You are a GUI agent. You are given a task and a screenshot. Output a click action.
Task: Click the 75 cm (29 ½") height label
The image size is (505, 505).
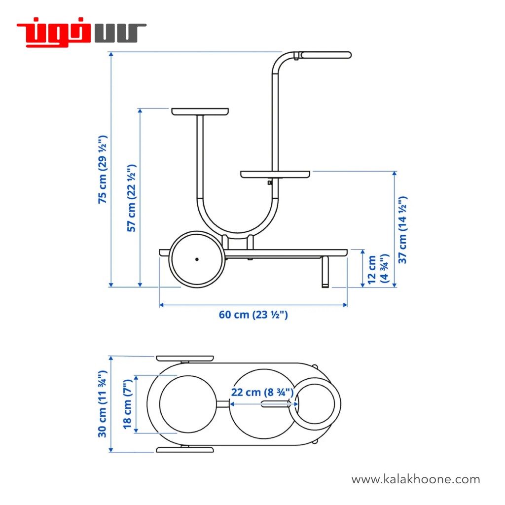point(103,169)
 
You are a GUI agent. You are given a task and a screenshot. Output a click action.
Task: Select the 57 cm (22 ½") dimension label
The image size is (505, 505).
point(132,198)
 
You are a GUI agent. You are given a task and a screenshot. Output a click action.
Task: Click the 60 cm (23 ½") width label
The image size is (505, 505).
point(253,315)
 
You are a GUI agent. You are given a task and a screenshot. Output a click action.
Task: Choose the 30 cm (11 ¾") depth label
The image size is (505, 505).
point(103,404)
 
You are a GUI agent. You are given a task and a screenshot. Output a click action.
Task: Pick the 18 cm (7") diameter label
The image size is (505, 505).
point(128,404)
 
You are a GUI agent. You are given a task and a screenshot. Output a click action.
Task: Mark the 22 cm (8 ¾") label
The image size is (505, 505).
point(262,393)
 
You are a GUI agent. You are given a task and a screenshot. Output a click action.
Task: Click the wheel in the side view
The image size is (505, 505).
point(197,259)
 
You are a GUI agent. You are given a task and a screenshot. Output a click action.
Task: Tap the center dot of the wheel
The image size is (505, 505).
point(197,259)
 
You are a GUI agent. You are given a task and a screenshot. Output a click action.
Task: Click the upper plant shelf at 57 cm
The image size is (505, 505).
point(200,111)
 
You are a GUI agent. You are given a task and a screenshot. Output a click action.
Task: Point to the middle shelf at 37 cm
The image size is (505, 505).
point(276,174)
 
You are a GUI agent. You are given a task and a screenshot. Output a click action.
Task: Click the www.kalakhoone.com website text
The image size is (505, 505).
point(415,479)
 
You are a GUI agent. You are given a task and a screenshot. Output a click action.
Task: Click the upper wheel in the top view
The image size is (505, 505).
point(185,359)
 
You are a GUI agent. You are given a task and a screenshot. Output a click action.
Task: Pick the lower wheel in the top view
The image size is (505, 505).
point(185,450)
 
